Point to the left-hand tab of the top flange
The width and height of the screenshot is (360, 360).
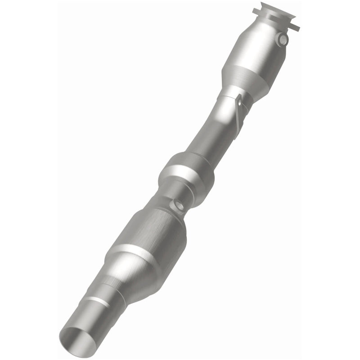point(257,9)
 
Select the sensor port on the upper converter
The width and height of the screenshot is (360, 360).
point(283,40)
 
